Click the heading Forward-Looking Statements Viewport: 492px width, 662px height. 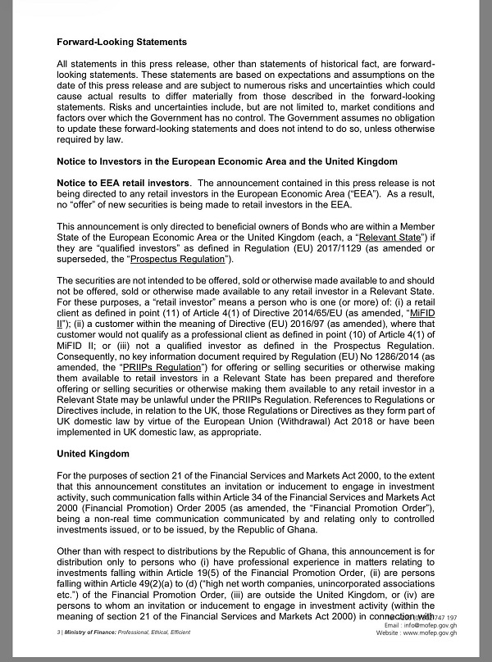click(x=122, y=41)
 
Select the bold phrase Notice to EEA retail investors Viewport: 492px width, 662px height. click(x=123, y=182)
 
